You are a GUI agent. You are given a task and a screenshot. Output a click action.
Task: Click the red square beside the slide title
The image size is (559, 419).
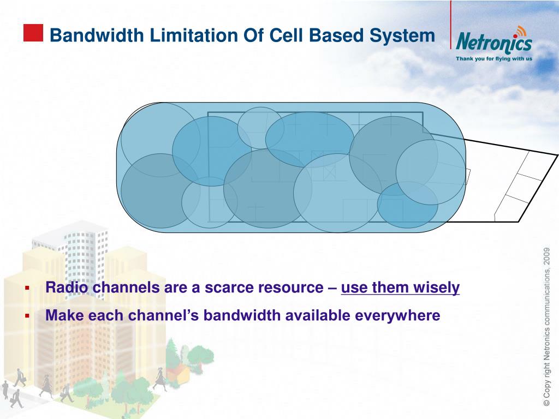pos(33,33)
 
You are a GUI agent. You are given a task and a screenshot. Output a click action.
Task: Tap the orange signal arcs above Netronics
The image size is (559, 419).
pos(521,30)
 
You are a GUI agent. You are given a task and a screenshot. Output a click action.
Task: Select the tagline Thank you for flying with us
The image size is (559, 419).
pos(494,58)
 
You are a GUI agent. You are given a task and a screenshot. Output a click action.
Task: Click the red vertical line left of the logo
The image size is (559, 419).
pos(451,25)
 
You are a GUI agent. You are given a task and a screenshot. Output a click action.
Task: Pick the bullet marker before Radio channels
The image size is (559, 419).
pos(26,288)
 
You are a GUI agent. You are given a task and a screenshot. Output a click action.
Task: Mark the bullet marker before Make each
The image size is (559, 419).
pos(26,316)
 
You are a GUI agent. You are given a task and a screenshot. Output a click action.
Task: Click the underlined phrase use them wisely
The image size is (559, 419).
pos(400,288)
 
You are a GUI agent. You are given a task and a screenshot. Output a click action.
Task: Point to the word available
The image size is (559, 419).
pos(317,315)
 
